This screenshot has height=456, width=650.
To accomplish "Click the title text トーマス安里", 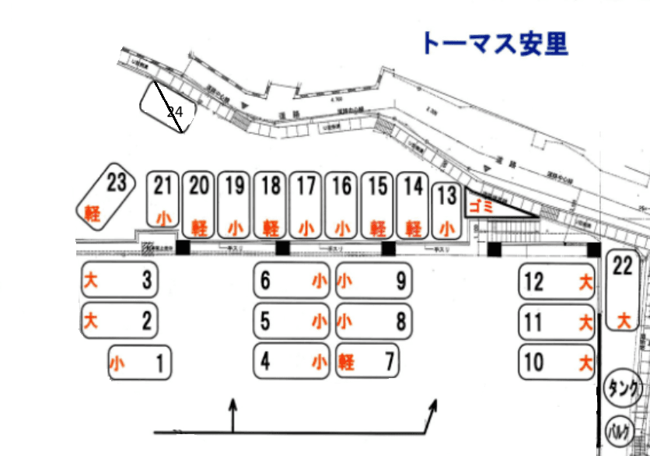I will pyautogui.click(x=494, y=43).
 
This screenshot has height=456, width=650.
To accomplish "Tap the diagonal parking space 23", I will pyautogui.click(x=107, y=195).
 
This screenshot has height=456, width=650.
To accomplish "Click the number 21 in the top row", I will pyautogui.click(x=162, y=186).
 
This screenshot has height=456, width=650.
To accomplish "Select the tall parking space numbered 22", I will pyautogui.click(x=622, y=290).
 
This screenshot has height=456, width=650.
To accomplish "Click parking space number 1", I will pyautogui.click(x=140, y=362).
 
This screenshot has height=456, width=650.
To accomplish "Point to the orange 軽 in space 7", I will pyautogui.click(x=347, y=362).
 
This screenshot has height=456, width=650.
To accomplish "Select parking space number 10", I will pyautogui.click(x=557, y=362).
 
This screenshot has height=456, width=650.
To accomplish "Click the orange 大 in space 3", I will pyautogui.click(x=91, y=279).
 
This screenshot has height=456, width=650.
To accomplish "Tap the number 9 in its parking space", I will pyautogui.click(x=400, y=280).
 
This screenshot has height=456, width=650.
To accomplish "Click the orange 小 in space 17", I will pyautogui.click(x=306, y=228).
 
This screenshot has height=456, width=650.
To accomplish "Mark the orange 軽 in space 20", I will pyautogui.click(x=199, y=228).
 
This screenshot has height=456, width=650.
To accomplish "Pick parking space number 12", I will pyautogui.click(x=557, y=281).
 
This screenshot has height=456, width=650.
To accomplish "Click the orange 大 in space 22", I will pyautogui.click(x=623, y=319).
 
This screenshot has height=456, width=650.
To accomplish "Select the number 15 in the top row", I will pyautogui.click(x=378, y=186).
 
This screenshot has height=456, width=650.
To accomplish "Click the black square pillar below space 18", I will pyautogui.click(x=283, y=248).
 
